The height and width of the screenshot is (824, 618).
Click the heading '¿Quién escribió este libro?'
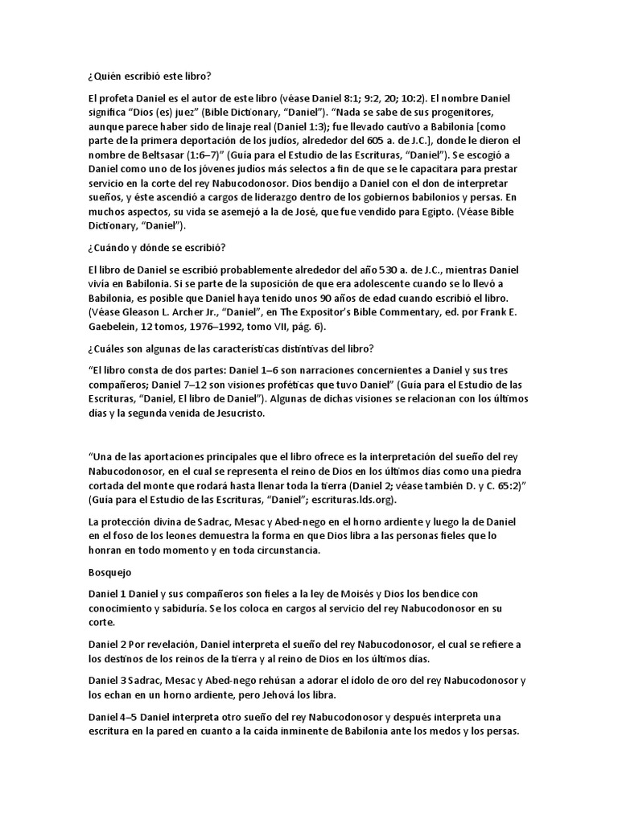pos(149,76)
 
